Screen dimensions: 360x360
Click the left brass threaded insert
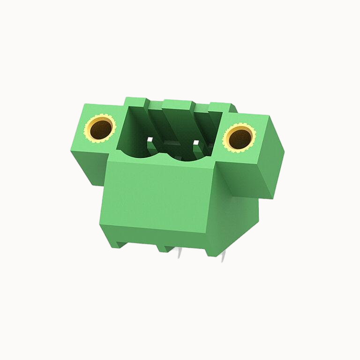(x=100, y=128)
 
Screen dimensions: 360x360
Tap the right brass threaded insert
(x=239, y=138)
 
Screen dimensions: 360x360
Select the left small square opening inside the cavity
(x=150, y=139)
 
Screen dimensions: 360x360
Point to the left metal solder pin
(x=180, y=254)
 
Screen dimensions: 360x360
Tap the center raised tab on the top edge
(x=178, y=104)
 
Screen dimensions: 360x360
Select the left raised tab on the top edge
(x=136, y=101)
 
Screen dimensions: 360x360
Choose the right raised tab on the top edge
(x=219, y=106)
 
